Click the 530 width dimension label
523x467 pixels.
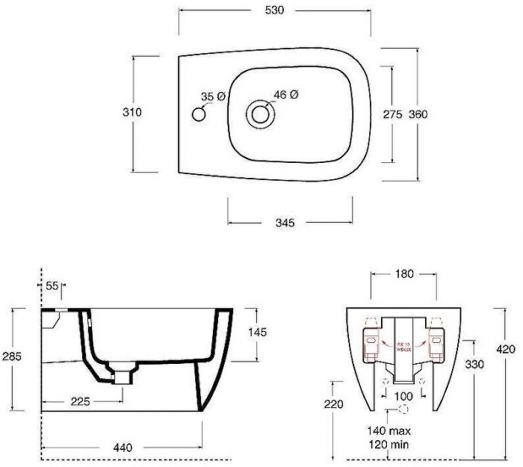click(x=274, y=10)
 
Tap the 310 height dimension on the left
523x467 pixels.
click(x=132, y=112)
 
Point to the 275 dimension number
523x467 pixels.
click(x=392, y=114)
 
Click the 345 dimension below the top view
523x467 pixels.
click(x=289, y=223)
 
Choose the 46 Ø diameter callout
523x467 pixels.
click(x=286, y=94)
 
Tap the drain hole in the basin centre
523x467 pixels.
click(x=260, y=114)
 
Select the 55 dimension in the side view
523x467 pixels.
click(x=52, y=286)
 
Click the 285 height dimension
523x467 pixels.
click(x=11, y=356)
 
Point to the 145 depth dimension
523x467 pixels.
click(x=258, y=331)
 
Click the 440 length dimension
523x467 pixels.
click(x=123, y=448)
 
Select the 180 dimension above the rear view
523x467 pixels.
click(x=404, y=274)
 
